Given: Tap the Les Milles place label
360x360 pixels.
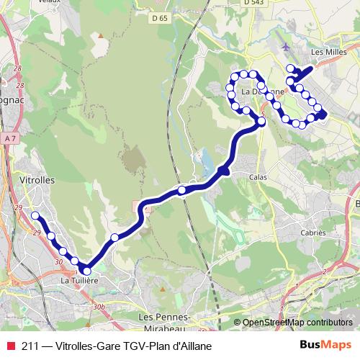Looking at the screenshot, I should coord(329,52).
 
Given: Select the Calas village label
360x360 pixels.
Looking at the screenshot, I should coord(258,176).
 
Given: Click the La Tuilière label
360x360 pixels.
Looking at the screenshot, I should coord(78,280).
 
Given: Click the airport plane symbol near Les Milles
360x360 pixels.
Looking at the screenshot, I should coord(288,47).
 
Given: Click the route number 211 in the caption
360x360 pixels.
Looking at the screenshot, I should coord(30,345).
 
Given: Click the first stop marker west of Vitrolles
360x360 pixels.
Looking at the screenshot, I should coord(35,215).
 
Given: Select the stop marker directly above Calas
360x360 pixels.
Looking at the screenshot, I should coord(261,122).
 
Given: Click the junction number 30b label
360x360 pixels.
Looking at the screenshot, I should coord(99,307).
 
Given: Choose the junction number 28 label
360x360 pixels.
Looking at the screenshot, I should coord(18,67).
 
